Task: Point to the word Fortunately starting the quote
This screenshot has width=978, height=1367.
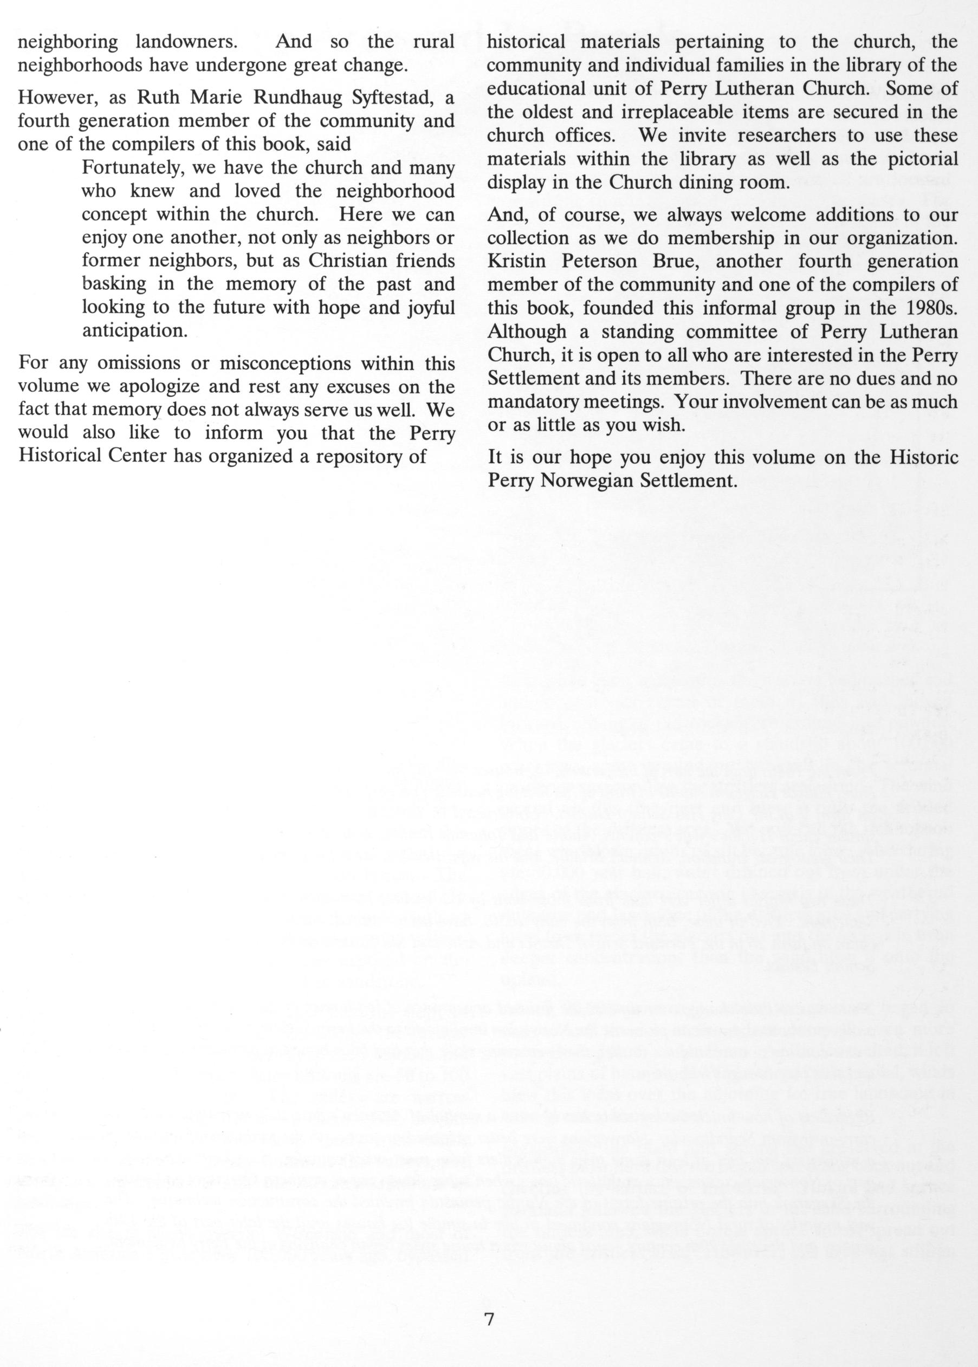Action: click(131, 168)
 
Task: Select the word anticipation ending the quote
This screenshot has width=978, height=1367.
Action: click(134, 331)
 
